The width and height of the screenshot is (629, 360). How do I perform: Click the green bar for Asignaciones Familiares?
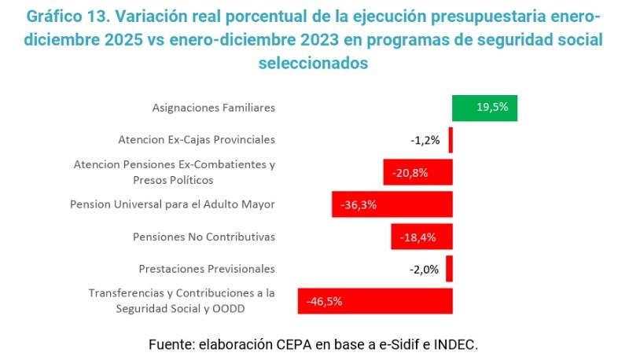click(x=485, y=108)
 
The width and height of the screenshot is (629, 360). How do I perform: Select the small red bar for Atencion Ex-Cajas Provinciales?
click(x=451, y=140)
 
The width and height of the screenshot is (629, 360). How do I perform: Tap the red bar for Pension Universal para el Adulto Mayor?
click(x=392, y=204)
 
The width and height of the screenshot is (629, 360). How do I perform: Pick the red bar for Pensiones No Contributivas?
click(x=421, y=237)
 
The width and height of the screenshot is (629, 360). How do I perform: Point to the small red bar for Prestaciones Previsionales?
click(x=449, y=269)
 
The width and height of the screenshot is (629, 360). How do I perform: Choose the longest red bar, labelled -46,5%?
click(x=375, y=301)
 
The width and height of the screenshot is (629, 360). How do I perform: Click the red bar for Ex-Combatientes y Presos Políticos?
click(x=417, y=172)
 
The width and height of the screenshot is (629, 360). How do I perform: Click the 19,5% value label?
click(x=492, y=108)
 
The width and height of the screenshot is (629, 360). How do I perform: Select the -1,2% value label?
click(x=425, y=141)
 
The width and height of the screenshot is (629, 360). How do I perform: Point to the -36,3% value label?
click(x=359, y=204)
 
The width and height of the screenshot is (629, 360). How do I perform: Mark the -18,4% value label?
click(x=418, y=237)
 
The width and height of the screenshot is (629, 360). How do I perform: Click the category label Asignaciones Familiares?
click(x=213, y=108)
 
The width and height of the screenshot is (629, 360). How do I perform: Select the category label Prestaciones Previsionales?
click(x=207, y=269)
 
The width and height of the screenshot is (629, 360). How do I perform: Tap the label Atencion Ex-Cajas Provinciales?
click(x=197, y=140)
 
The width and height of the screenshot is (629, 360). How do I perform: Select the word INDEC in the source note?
click(x=457, y=344)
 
